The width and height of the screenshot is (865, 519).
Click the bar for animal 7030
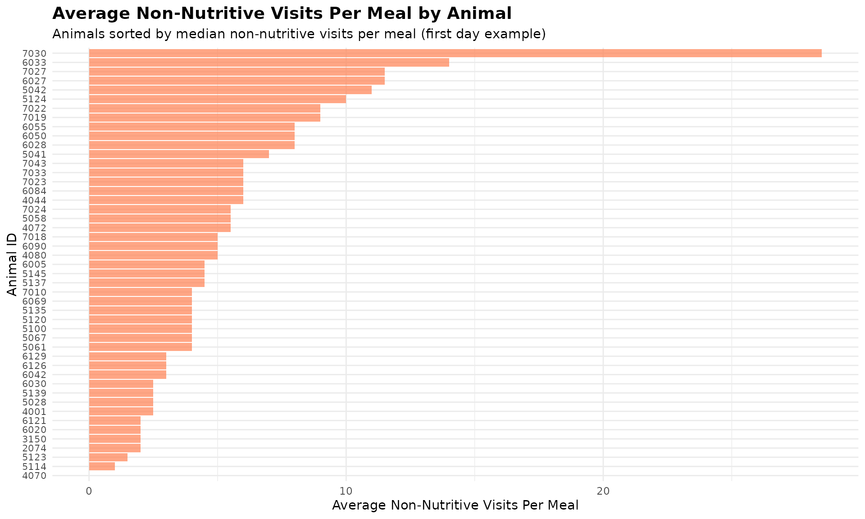pyautogui.click(x=455, y=53)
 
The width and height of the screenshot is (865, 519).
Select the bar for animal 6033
pyautogui.click(x=269, y=63)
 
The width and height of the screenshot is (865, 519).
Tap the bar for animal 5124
pyautogui.click(x=218, y=99)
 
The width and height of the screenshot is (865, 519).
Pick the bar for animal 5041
pyautogui.click(x=179, y=154)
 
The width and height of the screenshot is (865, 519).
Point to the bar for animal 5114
pyautogui.click(x=102, y=466)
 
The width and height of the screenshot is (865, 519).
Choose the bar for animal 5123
pyautogui.click(x=108, y=457)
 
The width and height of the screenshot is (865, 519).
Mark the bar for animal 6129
pyautogui.click(x=127, y=356)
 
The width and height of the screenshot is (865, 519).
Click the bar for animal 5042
pyautogui.click(x=230, y=90)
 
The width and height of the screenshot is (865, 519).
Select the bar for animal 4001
pyautogui.click(x=121, y=411)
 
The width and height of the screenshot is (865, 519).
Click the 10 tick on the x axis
pyautogui.click(x=346, y=491)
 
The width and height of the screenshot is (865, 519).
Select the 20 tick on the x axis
pyautogui.click(x=603, y=491)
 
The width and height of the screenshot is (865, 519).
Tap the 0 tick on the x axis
pyautogui.click(x=89, y=491)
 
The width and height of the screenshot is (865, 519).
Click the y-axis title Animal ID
pyautogui.click(x=12, y=264)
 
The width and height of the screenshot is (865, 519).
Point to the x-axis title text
pyautogui.click(x=455, y=505)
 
